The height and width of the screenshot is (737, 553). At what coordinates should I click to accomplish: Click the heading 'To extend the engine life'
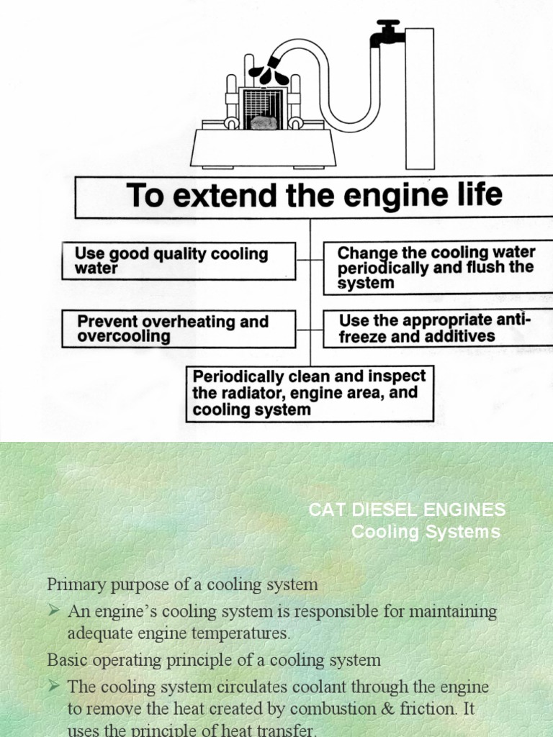click(x=315, y=196)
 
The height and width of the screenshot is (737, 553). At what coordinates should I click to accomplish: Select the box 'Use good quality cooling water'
click(x=179, y=261)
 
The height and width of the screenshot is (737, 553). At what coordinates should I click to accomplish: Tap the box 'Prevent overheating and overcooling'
click(x=179, y=329)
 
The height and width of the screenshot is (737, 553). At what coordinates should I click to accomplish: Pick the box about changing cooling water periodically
click(x=436, y=268)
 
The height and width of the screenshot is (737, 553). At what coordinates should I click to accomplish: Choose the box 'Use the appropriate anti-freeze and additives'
click(x=436, y=328)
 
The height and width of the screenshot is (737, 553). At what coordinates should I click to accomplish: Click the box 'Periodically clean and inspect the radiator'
click(x=310, y=394)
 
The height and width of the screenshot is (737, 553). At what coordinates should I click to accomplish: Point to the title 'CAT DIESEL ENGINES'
click(x=407, y=510)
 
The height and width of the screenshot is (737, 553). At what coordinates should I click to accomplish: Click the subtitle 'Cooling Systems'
click(x=426, y=532)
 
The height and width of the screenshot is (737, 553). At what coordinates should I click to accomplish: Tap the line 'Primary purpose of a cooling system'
click(x=182, y=584)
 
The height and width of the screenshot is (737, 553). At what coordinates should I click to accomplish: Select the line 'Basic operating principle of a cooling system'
click(x=214, y=659)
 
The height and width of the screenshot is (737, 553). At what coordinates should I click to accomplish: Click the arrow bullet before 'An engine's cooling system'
click(x=54, y=611)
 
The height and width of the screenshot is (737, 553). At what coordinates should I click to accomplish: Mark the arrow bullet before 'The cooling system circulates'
click(x=54, y=686)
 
